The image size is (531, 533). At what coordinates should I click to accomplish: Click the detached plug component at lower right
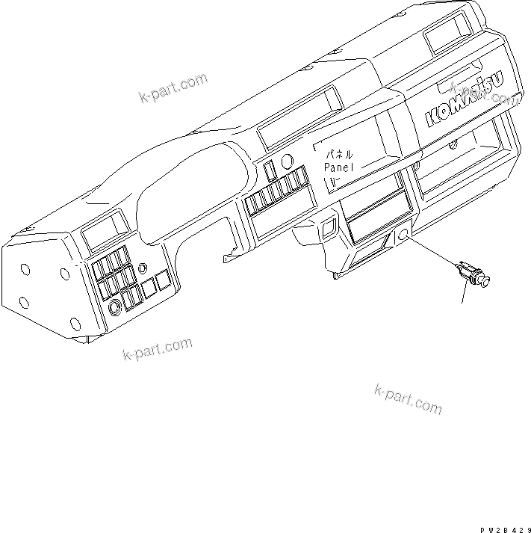(x=472, y=273)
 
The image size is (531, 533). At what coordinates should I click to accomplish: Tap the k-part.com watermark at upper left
(x=173, y=88)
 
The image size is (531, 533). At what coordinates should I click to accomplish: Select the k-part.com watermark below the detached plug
(x=408, y=398)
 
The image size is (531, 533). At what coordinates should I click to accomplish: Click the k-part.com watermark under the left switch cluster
(x=156, y=349)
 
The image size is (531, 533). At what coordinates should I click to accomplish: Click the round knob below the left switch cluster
(x=115, y=307)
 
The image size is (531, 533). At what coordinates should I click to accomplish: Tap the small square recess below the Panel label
(x=326, y=224)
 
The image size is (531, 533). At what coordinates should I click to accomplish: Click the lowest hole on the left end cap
(x=75, y=323)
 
